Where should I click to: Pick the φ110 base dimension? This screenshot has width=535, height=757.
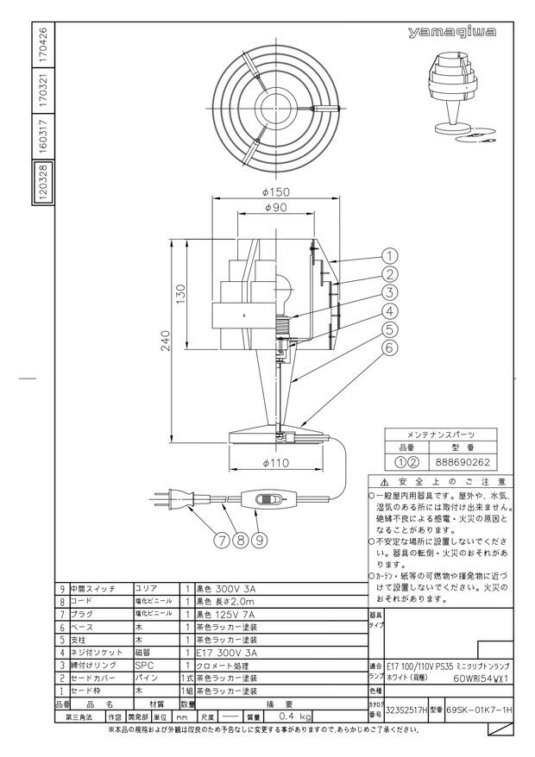click(276, 464)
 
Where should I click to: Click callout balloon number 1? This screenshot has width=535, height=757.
click(389, 256)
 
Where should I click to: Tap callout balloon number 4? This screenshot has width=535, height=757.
click(389, 311)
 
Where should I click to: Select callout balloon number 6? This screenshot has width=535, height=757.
click(389, 348)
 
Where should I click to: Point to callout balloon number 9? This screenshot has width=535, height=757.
click(257, 541)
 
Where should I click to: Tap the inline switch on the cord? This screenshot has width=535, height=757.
click(270, 499)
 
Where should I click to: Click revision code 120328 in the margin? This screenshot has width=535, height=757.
click(44, 184)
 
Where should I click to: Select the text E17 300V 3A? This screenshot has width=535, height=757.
click(226, 654)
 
